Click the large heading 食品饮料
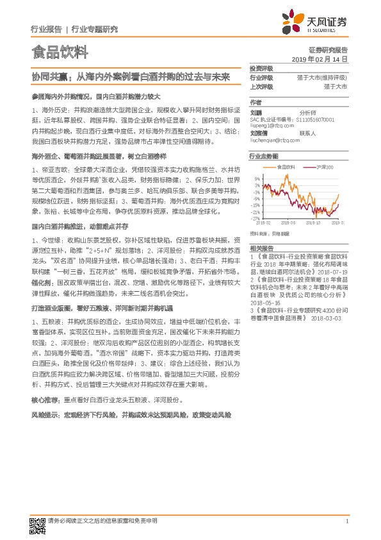click(x=59, y=52)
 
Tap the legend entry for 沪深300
click(x=325, y=167)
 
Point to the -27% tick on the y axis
click(x=255, y=218)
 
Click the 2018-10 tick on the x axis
click(x=313, y=223)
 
